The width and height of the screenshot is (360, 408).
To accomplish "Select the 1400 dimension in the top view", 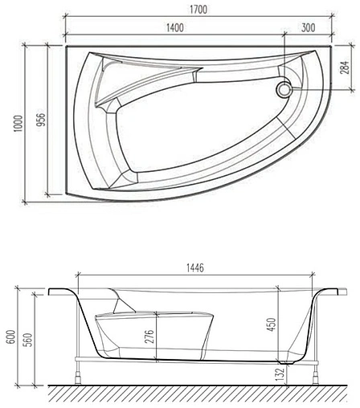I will (178, 28).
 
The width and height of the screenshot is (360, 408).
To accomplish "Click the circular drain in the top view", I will (284, 90).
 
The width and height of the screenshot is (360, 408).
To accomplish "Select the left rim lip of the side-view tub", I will (61, 291).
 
